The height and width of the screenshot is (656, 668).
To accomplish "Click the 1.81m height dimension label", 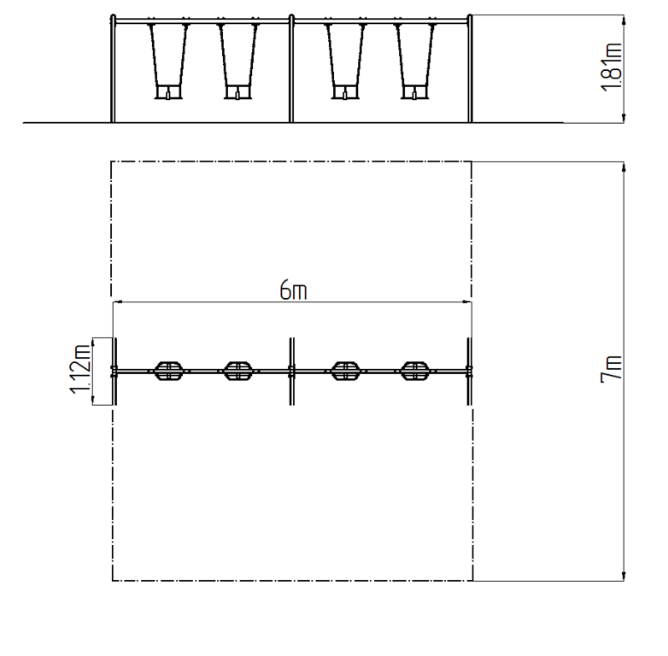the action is (612, 67).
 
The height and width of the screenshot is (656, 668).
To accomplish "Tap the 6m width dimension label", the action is (293, 290).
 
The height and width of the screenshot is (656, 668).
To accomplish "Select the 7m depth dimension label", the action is (612, 369).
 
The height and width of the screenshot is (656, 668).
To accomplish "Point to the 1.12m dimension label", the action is (80, 368).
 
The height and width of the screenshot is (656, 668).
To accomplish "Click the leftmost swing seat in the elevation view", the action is (168, 92).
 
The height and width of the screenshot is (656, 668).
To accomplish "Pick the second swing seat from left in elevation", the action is (238, 92).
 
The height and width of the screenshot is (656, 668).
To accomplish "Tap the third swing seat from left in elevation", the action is (345, 92).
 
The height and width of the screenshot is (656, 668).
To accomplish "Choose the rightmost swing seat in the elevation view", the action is (414, 92).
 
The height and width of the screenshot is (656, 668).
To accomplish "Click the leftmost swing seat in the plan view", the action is (168, 371).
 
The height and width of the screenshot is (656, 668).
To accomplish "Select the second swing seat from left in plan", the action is (238, 371).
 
